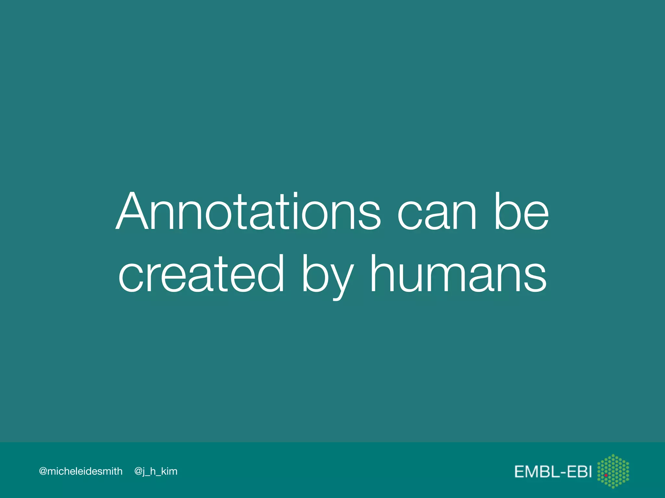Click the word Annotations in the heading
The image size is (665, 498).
[x=248, y=211]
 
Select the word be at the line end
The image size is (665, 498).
[x=521, y=211]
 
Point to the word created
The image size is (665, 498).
[x=201, y=274]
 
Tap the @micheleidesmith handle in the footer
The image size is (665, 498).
[x=81, y=471]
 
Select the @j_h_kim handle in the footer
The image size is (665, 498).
[x=156, y=471]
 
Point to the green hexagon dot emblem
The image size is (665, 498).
[x=613, y=471]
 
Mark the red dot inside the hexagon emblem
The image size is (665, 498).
[x=606, y=475]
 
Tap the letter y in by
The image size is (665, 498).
[x=341, y=279]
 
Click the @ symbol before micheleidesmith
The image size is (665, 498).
[x=43, y=471]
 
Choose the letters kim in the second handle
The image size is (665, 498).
[x=169, y=471]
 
